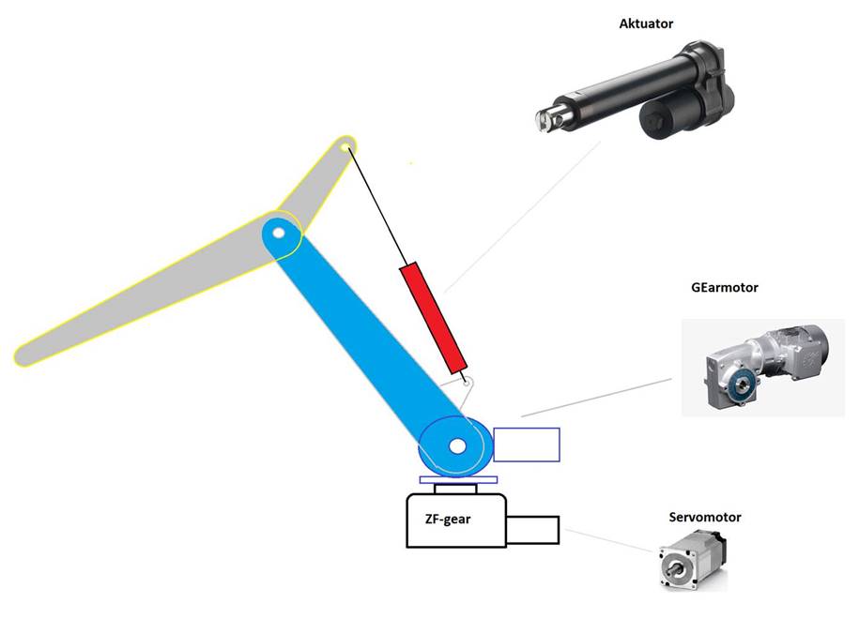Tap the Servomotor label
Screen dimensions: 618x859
tap(704, 517)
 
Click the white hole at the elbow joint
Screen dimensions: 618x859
tap(278, 231)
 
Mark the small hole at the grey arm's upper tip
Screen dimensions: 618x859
tap(345, 146)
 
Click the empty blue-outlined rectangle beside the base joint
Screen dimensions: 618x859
tap(526, 445)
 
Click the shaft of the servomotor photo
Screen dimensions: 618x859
tap(672, 567)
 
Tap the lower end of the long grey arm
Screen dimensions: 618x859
tap(28, 354)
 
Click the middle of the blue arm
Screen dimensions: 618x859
tap(366, 338)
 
